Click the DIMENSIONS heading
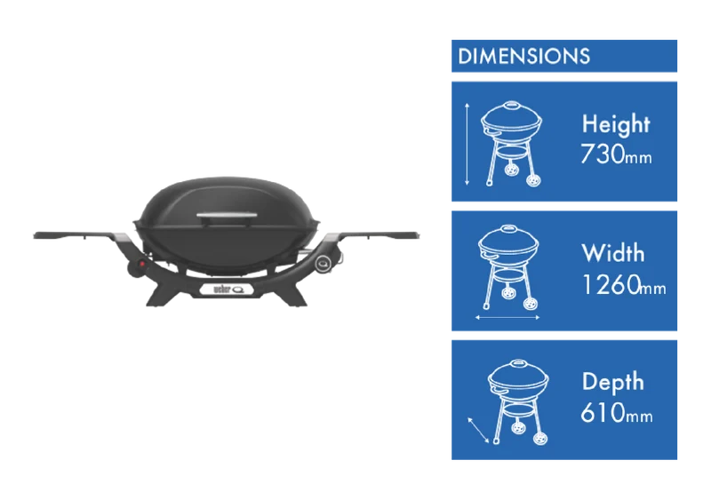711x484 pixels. [x=523, y=56]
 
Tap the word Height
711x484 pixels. [x=616, y=124]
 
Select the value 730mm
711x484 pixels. [x=616, y=155]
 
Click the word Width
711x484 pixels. [x=612, y=253]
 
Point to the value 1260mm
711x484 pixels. [x=624, y=284]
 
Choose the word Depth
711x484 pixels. [x=613, y=382]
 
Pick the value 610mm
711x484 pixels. [x=617, y=412]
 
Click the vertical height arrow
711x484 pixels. [x=467, y=144]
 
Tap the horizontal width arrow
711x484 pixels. [x=507, y=318]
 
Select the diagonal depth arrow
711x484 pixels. [x=478, y=430]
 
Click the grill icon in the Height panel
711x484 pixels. [x=512, y=144]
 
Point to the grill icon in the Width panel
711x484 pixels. [x=508, y=267]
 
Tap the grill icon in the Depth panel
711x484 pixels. [x=518, y=402]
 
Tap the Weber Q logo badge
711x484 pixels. [x=227, y=290]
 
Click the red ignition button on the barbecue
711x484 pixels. [x=142, y=264]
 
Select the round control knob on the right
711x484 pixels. [x=324, y=262]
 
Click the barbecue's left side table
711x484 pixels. [x=75, y=235]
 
